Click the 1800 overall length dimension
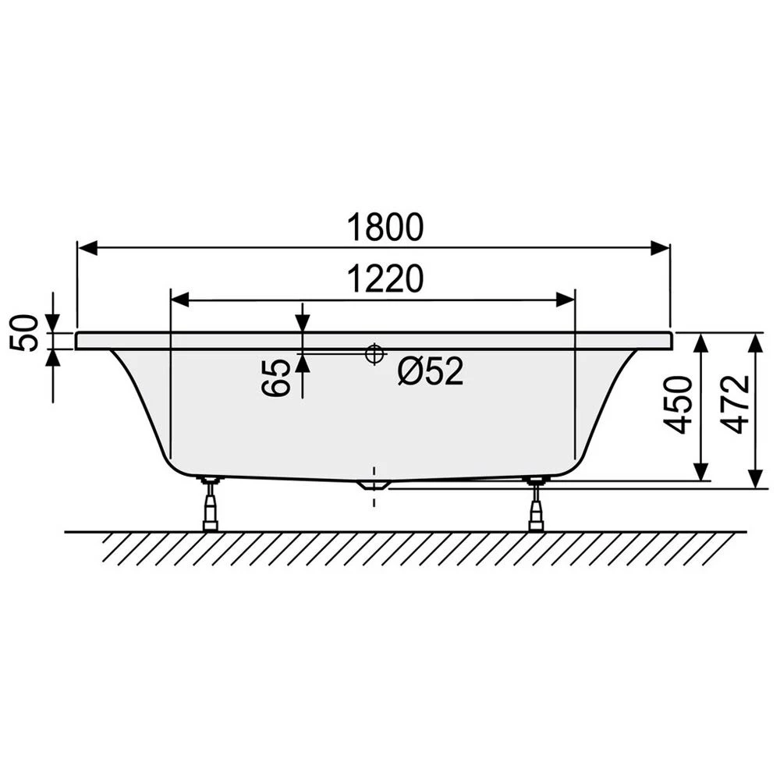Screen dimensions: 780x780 [385, 227]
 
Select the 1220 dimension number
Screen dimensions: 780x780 [385, 279]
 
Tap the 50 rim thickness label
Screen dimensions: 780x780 [25, 333]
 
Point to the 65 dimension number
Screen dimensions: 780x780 [277, 378]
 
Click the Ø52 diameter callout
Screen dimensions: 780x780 [431, 370]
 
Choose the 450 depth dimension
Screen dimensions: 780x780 [678, 405]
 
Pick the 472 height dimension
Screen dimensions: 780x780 [735, 404]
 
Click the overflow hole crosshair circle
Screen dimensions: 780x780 [375, 353]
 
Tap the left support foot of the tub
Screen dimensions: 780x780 [210, 503]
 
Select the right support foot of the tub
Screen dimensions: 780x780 [536, 503]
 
